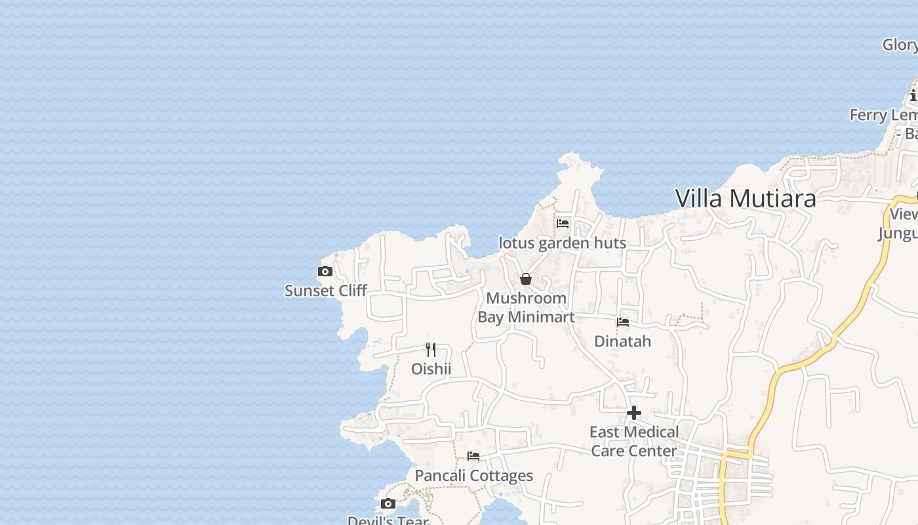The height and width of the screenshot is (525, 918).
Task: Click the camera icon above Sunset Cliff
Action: (325, 272)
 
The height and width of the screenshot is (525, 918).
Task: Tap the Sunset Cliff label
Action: (325, 290)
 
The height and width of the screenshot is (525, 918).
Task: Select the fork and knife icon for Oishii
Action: (431, 349)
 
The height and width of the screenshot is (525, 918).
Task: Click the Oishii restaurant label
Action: (431, 369)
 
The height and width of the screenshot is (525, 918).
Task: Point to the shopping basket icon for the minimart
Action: (525, 279)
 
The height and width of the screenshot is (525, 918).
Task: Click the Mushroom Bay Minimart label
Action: (526, 307)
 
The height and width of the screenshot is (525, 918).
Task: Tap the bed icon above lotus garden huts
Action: (563, 224)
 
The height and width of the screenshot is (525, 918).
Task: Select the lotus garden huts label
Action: (562, 243)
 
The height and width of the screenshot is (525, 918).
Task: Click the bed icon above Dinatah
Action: (623, 322)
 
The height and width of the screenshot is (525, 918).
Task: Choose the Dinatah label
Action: (622, 341)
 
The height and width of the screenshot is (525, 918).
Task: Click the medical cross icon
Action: (633, 413)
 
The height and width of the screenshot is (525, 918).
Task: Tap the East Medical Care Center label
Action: (633, 441)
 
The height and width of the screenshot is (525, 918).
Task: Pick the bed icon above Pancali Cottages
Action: (473, 456)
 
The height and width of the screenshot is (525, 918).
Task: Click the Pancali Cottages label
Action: (473, 475)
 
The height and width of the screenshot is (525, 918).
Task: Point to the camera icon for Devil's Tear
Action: (388, 504)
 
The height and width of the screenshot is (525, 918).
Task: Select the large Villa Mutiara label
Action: (746, 198)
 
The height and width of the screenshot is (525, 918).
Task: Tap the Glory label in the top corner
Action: (900, 45)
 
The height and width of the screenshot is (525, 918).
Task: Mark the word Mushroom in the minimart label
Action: (526, 298)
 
